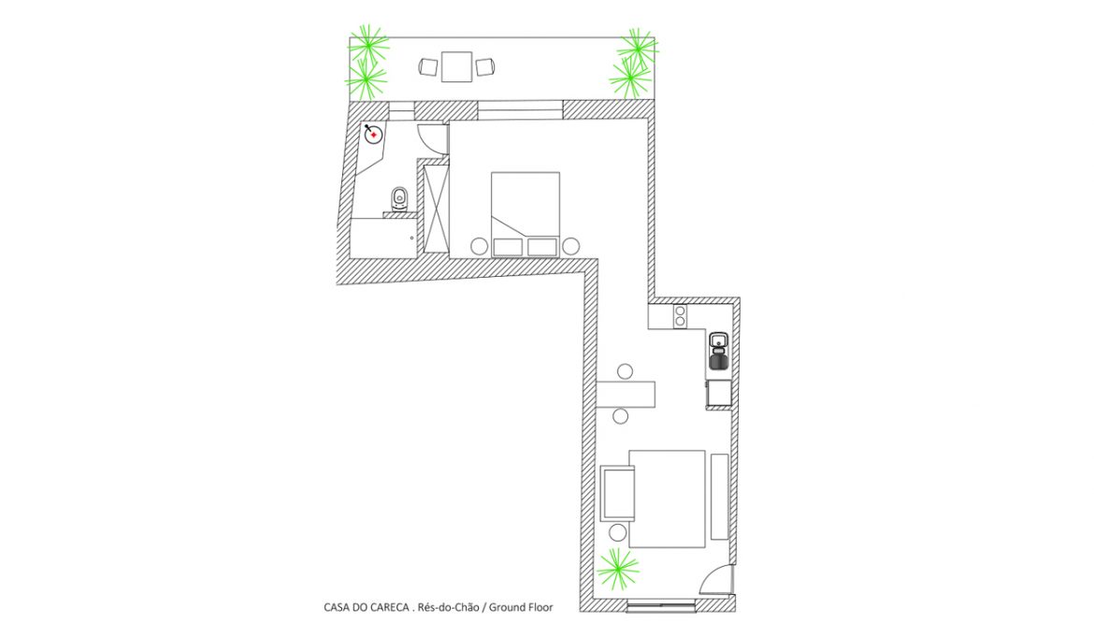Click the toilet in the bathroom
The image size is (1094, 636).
[399, 199]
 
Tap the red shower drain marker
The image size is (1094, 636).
[374, 135]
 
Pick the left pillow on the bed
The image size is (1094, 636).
[508, 247]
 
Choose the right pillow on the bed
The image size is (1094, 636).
[542, 247]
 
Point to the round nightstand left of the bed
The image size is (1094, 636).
[479, 246]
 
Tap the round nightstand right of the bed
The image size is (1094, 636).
[570, 246]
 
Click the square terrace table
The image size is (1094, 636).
[456, 67]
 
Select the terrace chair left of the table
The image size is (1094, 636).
[428, 67]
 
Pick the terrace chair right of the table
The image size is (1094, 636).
[485, 67]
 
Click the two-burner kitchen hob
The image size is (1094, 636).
[680, 316]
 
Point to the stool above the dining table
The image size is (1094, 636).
[626, 371]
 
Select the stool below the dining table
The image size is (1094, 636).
[620, 417]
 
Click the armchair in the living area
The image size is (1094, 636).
[617, 493]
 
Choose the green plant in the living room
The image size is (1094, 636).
[617, 569]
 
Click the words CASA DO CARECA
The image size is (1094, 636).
[367, 607]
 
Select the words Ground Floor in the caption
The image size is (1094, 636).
[521, 607]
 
